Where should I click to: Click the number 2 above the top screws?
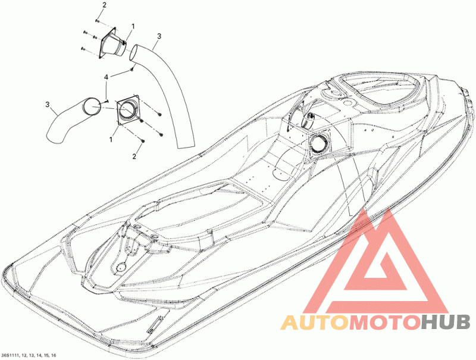coord(104,5)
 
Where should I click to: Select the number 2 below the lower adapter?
coord(134,156)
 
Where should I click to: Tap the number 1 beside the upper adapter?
coord(133,27)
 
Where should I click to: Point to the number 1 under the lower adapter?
coord(111,138)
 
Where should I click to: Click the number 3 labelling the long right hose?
coord(158,37)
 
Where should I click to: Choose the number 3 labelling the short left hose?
coord(47,105)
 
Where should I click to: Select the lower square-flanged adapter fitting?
coord(127,110)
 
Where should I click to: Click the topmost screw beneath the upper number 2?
coord(97,21)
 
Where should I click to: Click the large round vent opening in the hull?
coord(318,143)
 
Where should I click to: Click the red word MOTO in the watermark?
coord(384,323)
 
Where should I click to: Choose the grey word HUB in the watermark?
coord(443,323)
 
